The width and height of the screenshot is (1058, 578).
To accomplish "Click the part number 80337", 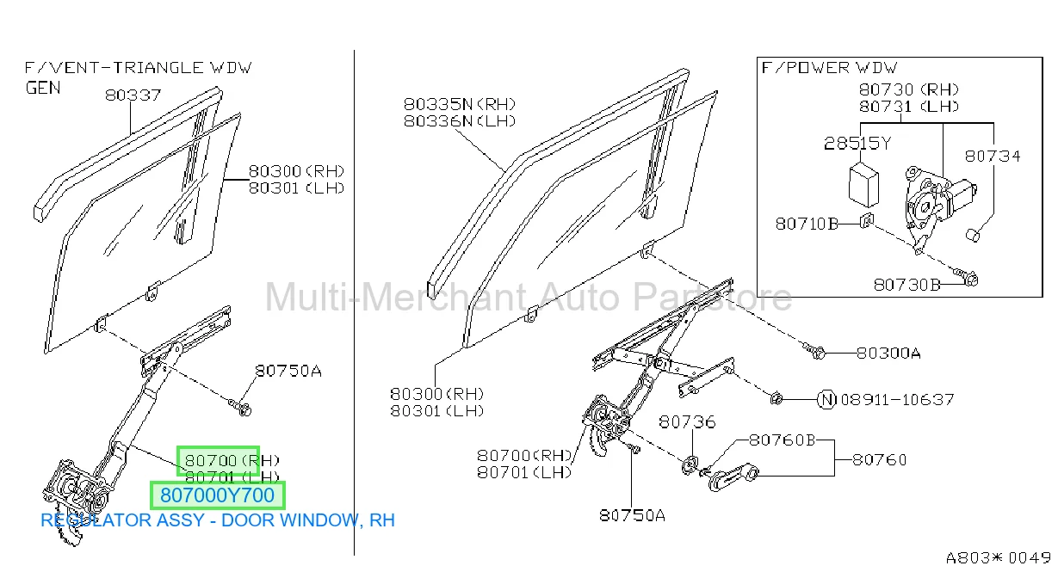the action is pos(133,95).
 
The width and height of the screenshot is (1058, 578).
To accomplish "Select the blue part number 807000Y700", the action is pos(217,495).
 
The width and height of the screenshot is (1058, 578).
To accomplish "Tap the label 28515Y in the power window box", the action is pos(857,144).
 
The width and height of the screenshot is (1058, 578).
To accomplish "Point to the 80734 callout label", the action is pos(993,157).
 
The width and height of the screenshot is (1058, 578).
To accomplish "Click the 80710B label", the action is pos(807,224).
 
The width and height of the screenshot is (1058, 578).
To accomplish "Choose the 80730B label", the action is pos(906,285).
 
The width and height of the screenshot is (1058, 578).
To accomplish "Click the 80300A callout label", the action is pos(888,353).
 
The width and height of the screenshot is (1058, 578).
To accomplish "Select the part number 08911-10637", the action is pos(897,400).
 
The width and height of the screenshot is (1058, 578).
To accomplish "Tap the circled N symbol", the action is pos(826,400).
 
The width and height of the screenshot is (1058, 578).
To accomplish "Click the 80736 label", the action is pos(687,421).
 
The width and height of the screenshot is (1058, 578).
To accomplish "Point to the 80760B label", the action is pos(783,440).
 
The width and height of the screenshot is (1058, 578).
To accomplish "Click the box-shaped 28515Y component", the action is pos(863,185).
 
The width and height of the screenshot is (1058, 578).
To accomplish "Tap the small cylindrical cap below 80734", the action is pos(973,235).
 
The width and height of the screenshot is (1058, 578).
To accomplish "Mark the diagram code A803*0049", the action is pos(999,558).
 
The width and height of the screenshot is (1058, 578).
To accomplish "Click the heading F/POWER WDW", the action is pos(829,68).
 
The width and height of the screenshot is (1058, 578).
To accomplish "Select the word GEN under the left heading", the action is pos(43,88).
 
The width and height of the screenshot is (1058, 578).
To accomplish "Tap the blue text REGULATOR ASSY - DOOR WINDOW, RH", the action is pos(218,520).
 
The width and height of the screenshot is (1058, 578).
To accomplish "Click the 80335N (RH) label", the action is pos(460,104).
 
